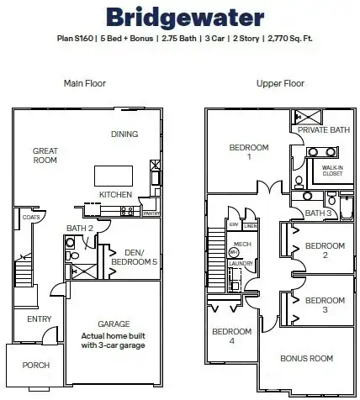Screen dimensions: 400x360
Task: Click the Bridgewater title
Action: [179, 17]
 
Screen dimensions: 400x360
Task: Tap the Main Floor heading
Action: [83, 83]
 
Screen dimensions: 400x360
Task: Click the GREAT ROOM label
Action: [45, 156]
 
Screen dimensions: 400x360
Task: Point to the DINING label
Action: [124, 134]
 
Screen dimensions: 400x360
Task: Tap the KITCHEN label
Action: [115, 194]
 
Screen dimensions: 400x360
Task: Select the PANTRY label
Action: [151, 213]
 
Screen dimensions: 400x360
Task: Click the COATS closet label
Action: [31, 217]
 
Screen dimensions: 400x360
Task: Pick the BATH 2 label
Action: [79, 228]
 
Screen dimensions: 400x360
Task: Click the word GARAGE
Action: [114, 324]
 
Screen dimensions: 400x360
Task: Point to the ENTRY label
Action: [39, 318]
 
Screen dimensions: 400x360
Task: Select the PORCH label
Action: [36, 365]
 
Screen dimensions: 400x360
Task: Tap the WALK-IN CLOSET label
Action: [333, 171]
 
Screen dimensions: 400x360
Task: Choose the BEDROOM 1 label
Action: [248, 152]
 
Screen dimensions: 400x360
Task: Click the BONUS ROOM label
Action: [306, 358]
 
